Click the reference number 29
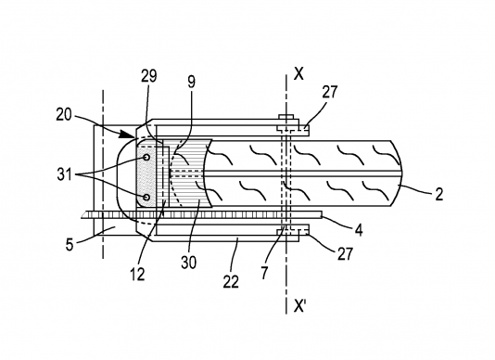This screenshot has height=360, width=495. pos(148,76)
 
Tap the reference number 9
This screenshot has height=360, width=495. pos(191,82)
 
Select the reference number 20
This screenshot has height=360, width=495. pos(64,115)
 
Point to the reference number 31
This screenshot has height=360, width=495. pos(64,174)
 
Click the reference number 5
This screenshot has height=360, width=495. pos(70,244)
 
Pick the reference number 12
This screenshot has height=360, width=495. pos(137,274)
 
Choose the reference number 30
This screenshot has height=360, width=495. pos(189,262)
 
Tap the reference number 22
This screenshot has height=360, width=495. pos(232,281)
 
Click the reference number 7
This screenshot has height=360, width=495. pos(264,273)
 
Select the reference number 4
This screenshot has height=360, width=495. pos(359,230)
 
